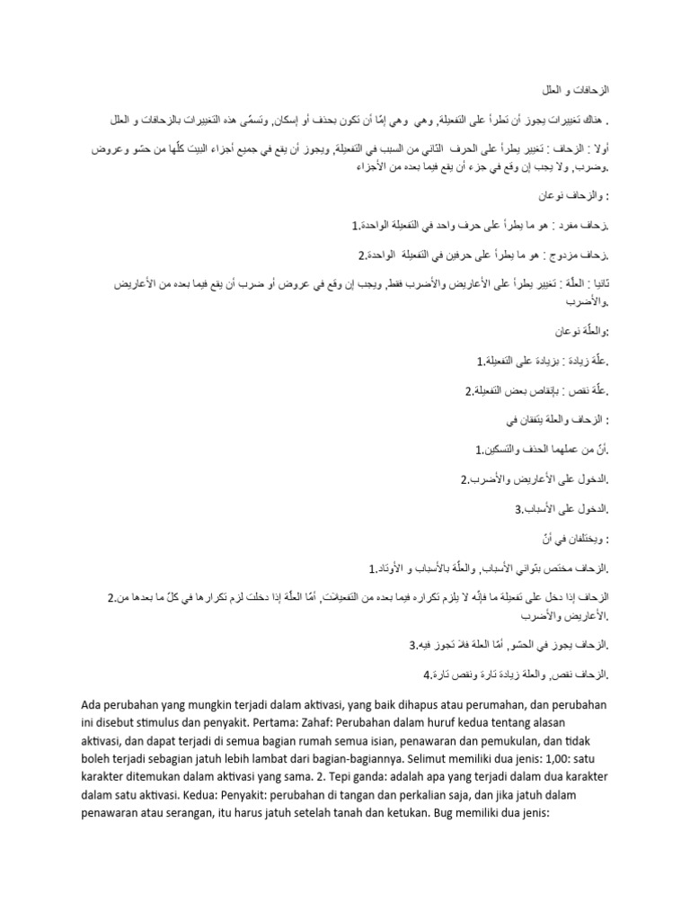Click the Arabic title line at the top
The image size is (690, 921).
[574, 92]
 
